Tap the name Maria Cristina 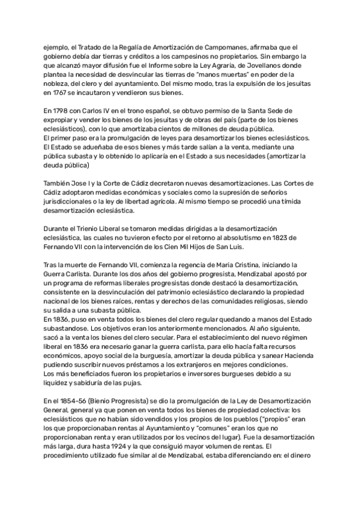coord(231,265)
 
